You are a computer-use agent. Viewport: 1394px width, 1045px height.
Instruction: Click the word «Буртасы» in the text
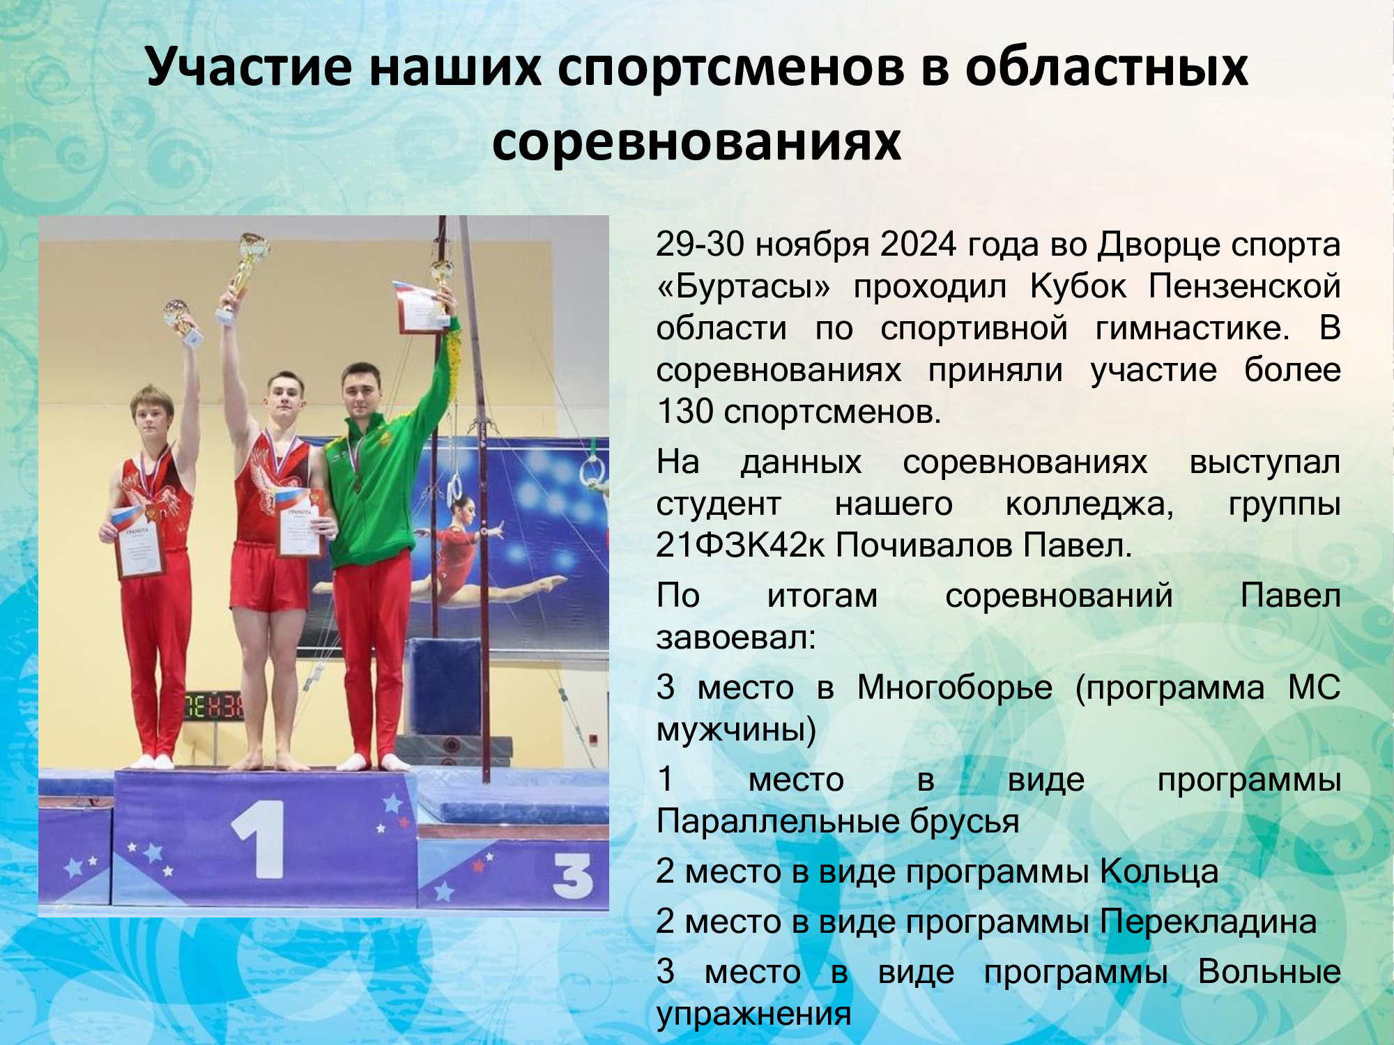[744, 287]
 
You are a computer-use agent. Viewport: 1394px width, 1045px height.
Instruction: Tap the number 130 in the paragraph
[685, 411]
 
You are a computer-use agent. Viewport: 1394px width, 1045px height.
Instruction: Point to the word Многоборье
[954, 688]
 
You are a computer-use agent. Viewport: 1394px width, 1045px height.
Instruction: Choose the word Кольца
[1159, 872]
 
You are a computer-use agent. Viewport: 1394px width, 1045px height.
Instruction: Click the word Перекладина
[1209, 922]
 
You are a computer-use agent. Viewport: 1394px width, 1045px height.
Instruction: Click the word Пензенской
[1245, 286]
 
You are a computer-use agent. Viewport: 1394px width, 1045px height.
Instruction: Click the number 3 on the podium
[572, 876]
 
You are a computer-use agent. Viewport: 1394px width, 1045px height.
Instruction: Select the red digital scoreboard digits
[213, 706]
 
